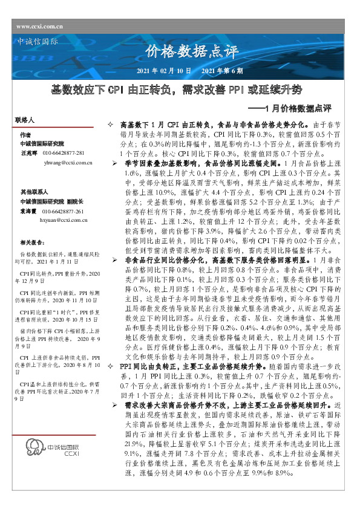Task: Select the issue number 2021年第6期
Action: (222, 71)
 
